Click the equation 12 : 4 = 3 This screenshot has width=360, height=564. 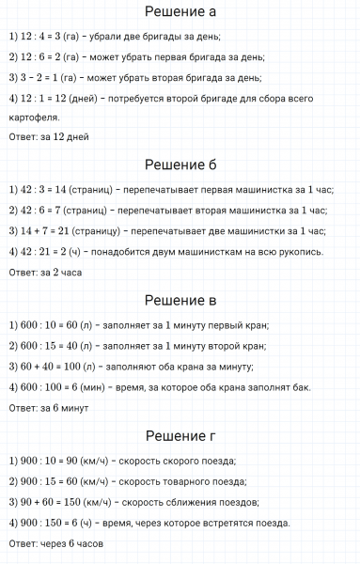(46, 38)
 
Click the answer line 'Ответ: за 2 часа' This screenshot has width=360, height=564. (47, 273)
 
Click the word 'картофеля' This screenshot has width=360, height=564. (32, 117)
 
